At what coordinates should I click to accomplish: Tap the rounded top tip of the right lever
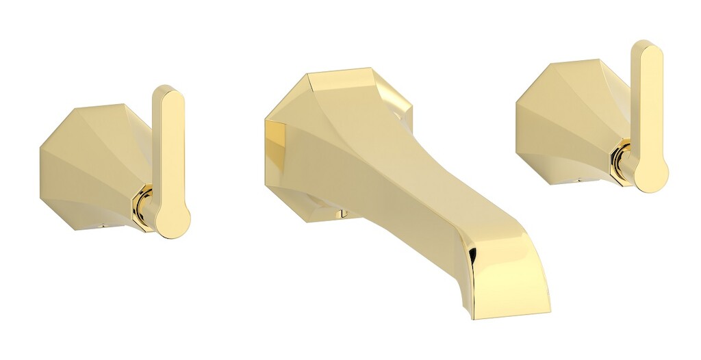coord(646,50)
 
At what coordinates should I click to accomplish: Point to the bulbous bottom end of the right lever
coord(650,174)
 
